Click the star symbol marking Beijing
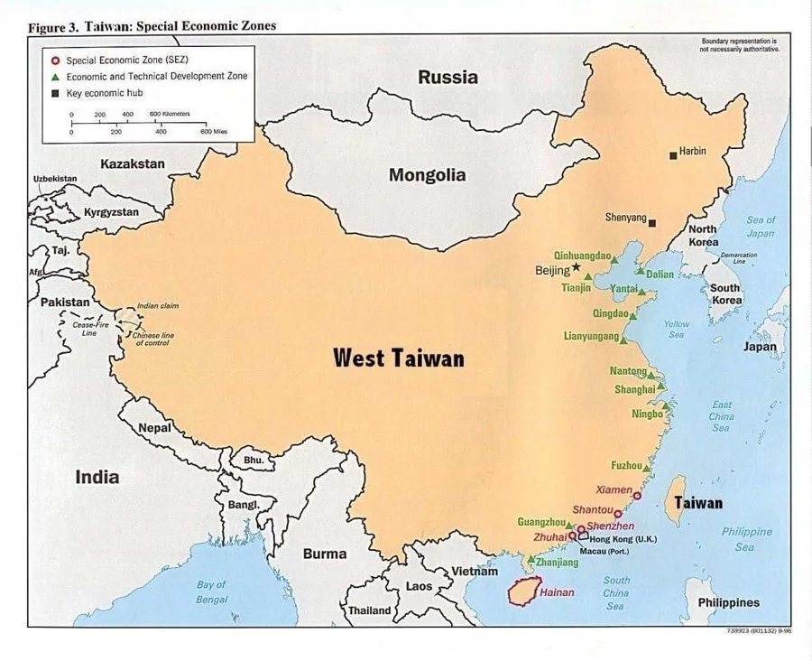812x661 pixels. coord(577,267)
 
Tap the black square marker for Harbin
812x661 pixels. coord(673,156)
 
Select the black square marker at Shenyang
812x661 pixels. coord(653,221)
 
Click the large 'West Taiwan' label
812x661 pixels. coord(399,358)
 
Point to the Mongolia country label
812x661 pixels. coord(427,175)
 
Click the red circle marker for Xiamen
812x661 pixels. coord(637,496)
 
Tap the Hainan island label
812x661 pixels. coord(557,592)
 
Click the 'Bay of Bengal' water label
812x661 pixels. coord(212,591)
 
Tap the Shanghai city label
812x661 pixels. coord(634,389)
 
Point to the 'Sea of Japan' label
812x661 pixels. coord(761,227)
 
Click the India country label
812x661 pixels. coord(97,476)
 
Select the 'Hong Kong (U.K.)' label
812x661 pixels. coord(623,539)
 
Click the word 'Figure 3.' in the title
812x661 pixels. coord(53,27)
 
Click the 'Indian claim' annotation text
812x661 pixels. coord(158,306)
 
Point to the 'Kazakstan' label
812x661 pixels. coord(133,163)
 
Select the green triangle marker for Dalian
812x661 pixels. coord(640,271)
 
